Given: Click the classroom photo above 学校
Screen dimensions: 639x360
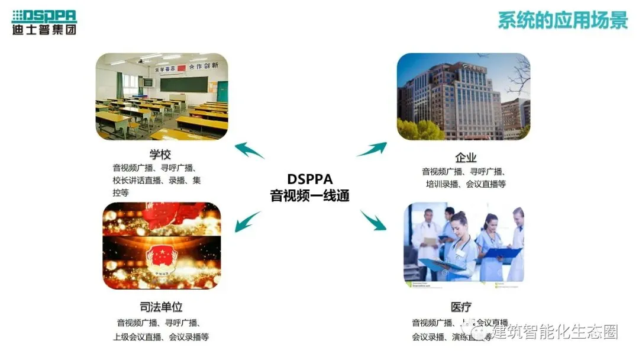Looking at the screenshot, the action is tap(162, 96).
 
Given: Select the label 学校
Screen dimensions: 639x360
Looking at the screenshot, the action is tap(160, 155).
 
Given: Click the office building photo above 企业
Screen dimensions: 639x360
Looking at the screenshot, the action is tap(463, 97).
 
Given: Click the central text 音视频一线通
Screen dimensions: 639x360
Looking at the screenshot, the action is tap(309, 195).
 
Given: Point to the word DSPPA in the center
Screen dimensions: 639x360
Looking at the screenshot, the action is tap(309, 179).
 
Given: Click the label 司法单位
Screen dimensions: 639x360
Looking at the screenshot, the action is tap(160, 307).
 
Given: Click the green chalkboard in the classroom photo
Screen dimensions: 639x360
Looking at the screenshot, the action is tap(184, 83).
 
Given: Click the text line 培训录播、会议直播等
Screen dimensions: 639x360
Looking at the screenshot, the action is tap(466, 184).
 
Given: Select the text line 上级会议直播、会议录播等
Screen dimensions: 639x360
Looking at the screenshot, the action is tap(161, 337).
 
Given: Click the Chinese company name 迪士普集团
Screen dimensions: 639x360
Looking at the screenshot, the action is tap(44, 30).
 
